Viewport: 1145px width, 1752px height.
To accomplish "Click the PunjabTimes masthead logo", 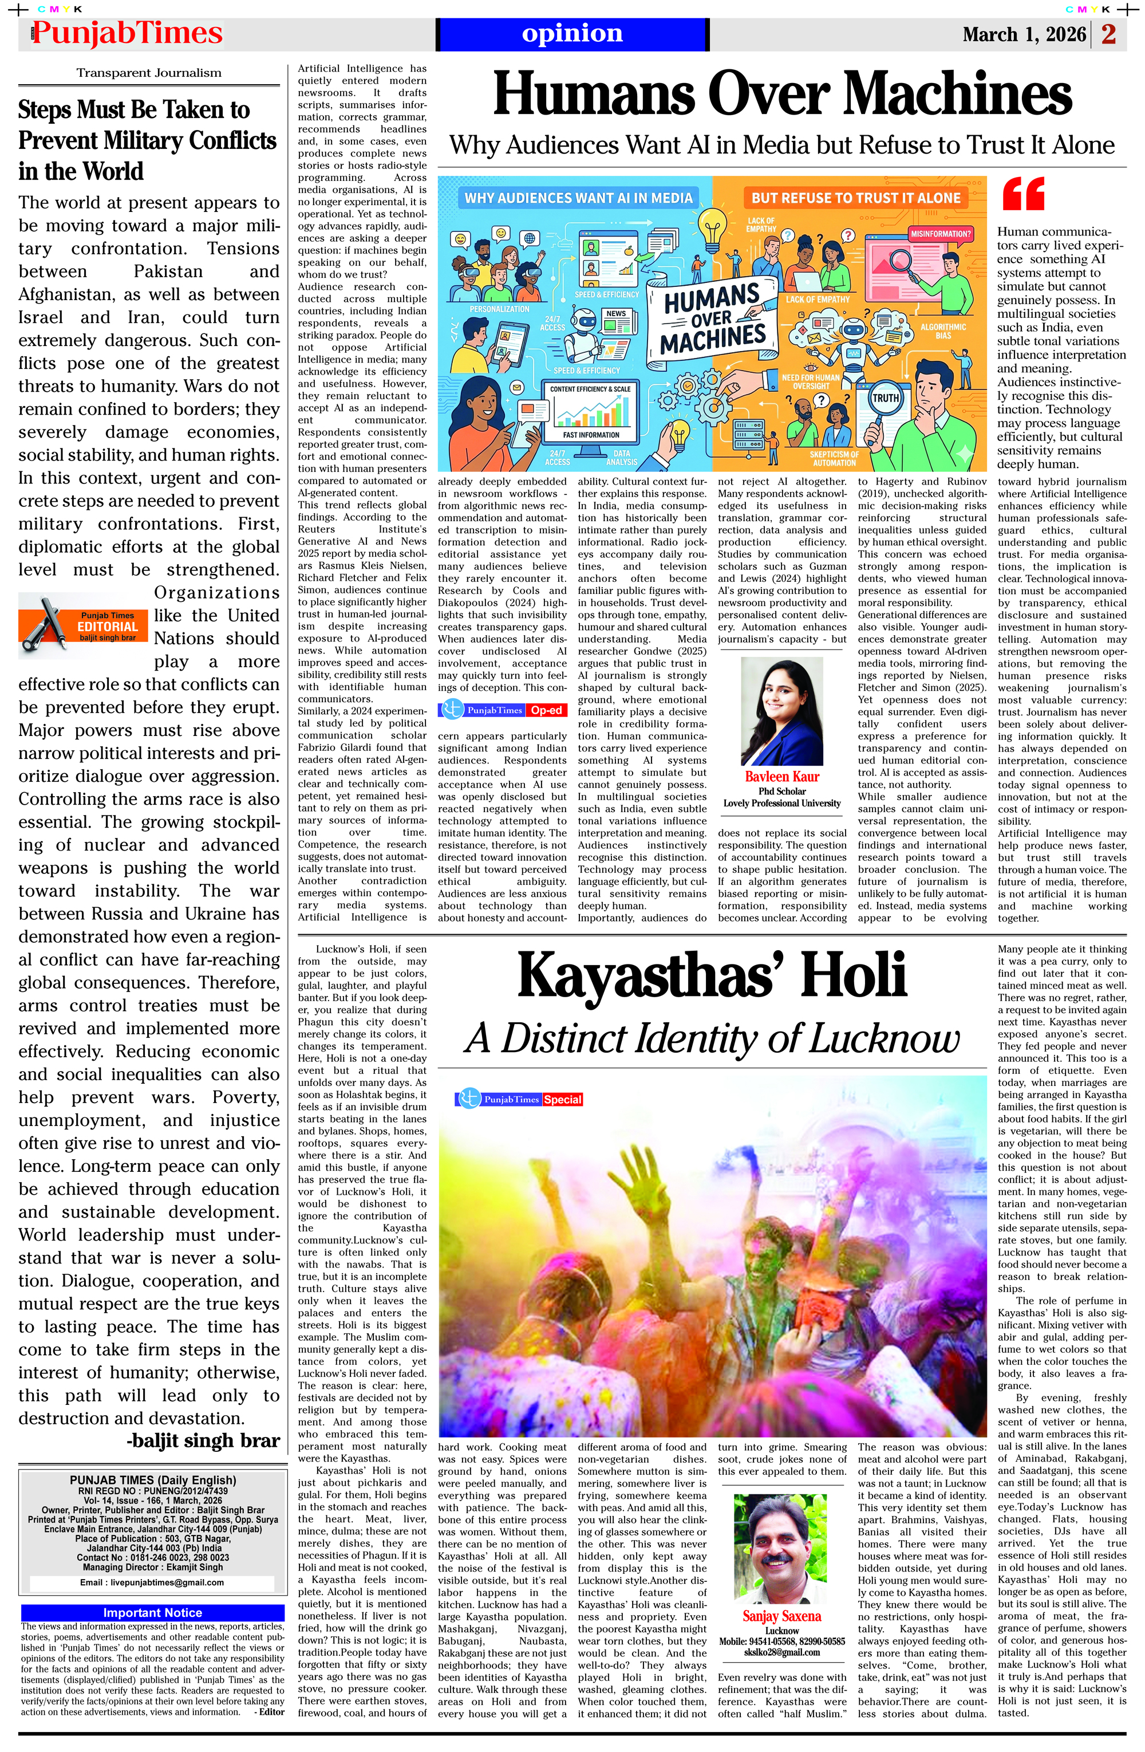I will (x=127, y=34).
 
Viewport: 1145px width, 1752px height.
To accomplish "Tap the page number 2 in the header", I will (x=1109, y=34).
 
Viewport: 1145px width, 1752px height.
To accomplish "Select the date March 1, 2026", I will (x=1024, y=34).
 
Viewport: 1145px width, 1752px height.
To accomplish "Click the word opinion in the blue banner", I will (x=572, y=33).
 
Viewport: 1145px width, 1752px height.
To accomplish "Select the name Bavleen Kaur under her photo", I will (x=781, y=777).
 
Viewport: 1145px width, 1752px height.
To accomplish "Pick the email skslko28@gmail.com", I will (x=781, y=1652).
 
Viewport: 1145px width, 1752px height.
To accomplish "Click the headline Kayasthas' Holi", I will (x=712, y=975).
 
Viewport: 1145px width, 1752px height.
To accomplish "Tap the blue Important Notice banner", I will (x=152, y=1612).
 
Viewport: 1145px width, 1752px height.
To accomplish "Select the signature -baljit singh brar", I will (x=203, y=1440).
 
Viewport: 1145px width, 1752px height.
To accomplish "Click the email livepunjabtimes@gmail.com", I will (x=152, y=1582).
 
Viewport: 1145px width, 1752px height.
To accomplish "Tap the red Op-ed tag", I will (x=547, y=710).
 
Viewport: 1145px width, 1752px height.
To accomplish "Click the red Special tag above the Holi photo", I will (x=563, y=1099).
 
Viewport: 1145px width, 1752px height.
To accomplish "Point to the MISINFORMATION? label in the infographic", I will (x=941, y=233).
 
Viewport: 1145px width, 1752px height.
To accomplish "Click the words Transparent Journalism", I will (x=149, y=73).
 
